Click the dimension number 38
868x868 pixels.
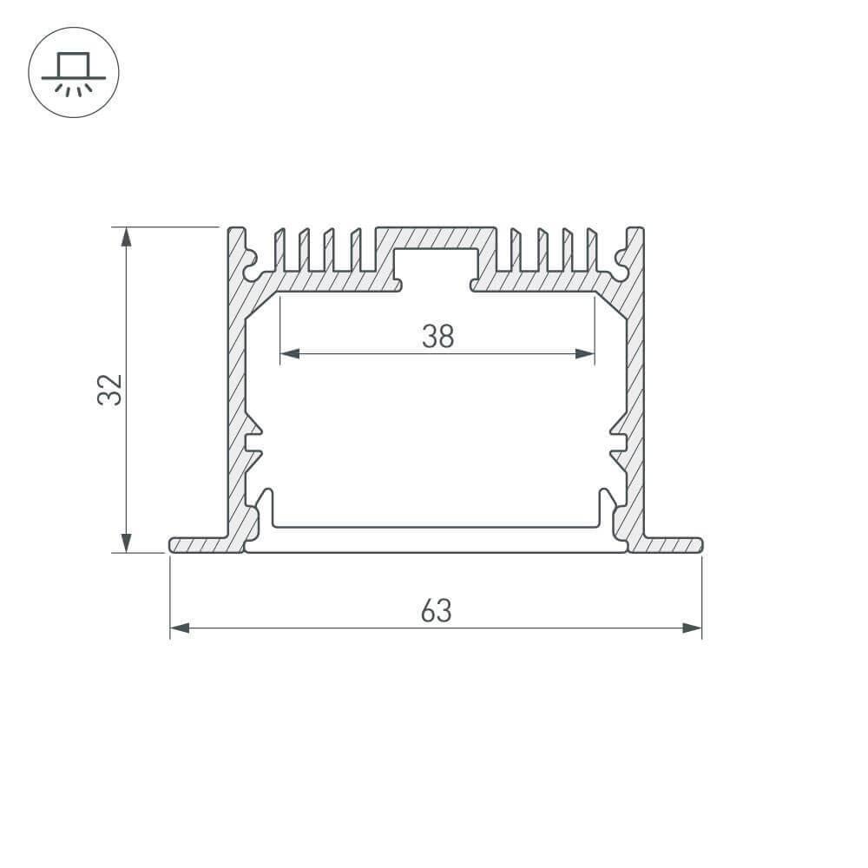point(437,336)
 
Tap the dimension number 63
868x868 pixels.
point(436,611)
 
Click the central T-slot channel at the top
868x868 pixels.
point(437,265)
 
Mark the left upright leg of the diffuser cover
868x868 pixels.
point(268,507)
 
